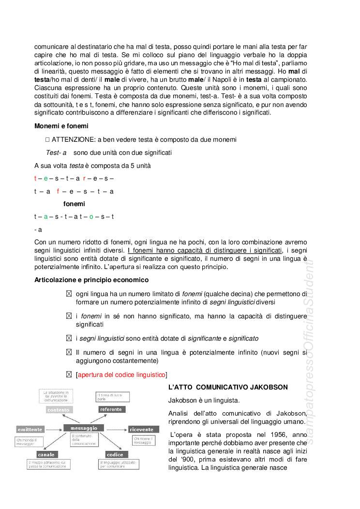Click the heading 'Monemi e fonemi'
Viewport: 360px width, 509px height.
click(61, 126)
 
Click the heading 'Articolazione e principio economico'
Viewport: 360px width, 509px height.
click(91, 280)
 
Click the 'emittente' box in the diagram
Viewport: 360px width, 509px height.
click(30, 429)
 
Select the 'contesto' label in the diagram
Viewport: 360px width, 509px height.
click(59, 409)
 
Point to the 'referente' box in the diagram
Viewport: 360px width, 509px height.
click(111, 409)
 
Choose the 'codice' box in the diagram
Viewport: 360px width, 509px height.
click(115, 454)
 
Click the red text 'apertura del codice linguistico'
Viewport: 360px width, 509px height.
click(121, 374)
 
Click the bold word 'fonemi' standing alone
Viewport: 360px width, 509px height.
click(74, 204)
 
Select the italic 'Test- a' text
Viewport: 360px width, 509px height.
click(56, 152)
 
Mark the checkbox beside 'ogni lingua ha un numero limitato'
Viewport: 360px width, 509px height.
click(69, 294)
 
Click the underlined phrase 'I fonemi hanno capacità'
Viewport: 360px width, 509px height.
click(205, 250)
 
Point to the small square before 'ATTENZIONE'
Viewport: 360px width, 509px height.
click(48, 139)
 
